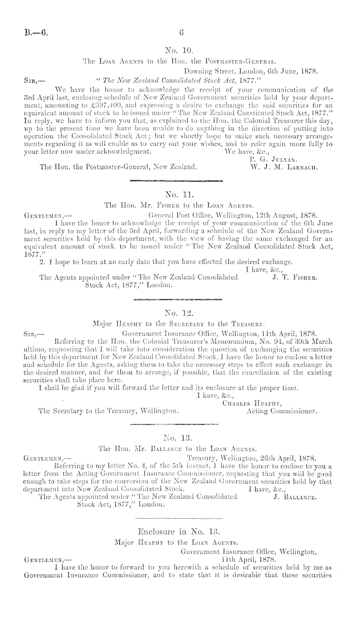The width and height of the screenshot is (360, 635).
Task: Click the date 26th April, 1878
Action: (285, 456)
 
